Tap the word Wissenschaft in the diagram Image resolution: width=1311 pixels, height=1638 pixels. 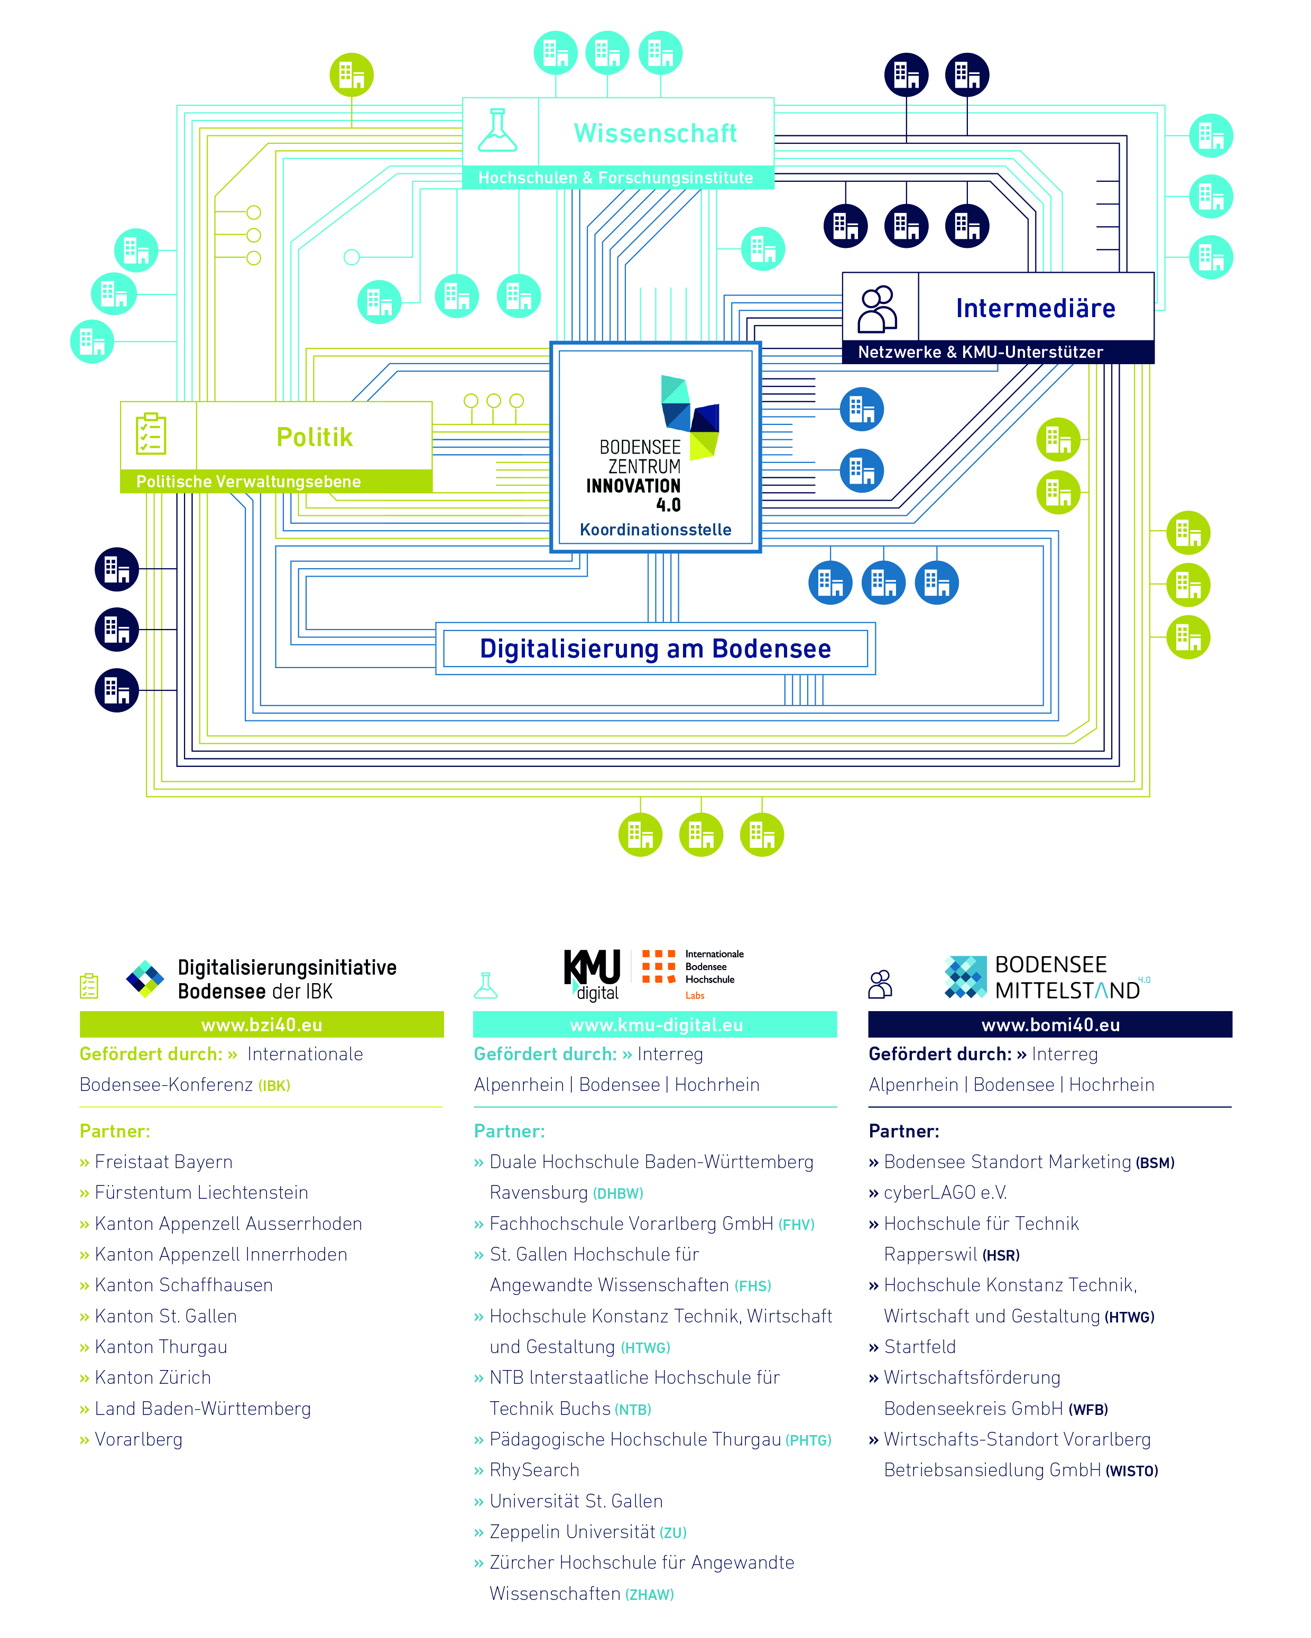[655, 133]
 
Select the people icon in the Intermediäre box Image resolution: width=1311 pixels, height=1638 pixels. [878, 309]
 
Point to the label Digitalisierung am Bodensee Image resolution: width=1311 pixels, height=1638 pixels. [655, 649]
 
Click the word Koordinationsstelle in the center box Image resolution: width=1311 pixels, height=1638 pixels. [655, 530]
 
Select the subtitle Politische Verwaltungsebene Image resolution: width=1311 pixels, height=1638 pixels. [248, 482]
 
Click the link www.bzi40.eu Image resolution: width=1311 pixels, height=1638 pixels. [262, 1025]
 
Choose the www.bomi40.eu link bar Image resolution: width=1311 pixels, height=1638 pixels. [1050, 1025]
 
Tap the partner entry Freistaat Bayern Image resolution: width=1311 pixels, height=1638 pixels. [163, 1162]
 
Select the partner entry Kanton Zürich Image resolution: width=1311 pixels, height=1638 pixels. [153, 1377]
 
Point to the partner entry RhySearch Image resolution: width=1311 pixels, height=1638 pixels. [534, 1470]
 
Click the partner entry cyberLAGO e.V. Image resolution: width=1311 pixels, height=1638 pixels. [945, 1193]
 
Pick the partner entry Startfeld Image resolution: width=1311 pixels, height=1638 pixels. [920, 1347]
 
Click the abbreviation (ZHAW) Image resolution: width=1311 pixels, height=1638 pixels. [649, 1595]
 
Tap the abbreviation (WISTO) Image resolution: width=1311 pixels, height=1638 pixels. [1132, 1472]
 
